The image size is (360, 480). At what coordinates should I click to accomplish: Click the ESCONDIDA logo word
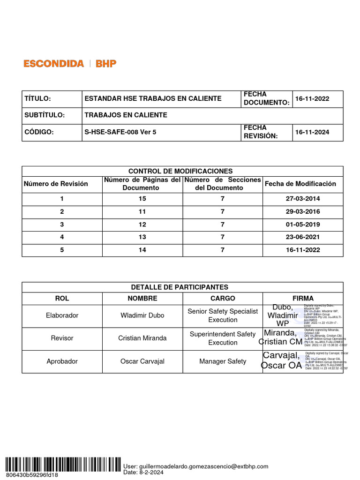(54, 64)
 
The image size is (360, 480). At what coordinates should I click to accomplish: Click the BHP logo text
(106, 64)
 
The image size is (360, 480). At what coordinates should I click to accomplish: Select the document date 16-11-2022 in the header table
(312, 99)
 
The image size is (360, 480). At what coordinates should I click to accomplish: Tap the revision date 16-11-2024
(312, 132)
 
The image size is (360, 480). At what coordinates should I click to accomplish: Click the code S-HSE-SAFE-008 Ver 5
(120, 132)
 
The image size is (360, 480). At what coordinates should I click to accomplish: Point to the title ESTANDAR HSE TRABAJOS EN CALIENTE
(153, 99)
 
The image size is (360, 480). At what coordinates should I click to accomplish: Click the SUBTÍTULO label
(45, 115)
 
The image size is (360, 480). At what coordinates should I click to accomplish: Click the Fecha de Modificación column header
(300, 184)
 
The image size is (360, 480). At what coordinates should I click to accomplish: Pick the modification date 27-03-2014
(303, 199)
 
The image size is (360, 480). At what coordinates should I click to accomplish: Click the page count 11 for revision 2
(142, 211)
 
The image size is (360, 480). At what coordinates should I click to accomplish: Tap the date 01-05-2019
(303, 225)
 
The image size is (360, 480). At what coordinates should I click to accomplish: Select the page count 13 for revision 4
(142, 237)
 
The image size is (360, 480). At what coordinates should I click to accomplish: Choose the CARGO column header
(223, 299)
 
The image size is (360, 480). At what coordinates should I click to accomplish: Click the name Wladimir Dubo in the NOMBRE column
(142, 315)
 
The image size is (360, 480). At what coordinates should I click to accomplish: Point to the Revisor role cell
(62, 338)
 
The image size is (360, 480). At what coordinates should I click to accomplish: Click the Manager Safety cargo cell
(223, 361)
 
